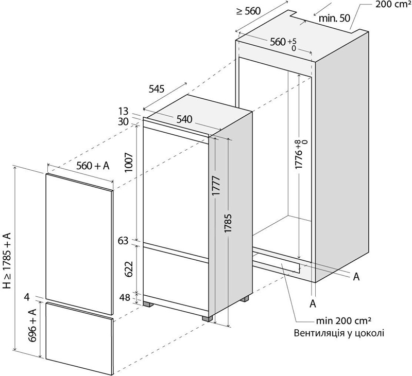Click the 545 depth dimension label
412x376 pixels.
pos(157,89)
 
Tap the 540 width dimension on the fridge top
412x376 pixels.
pos(184,119)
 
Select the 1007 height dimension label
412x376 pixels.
pos(130,163)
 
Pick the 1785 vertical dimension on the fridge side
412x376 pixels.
pos(228,223)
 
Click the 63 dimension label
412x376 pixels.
pos(123,241)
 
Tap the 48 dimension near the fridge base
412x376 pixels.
pos(125,298)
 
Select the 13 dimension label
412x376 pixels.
pos(123,112)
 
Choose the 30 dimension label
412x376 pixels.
pos(123,122)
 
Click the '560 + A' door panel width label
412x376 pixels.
pos(93,166)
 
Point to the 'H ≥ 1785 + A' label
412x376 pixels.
pos(7,261)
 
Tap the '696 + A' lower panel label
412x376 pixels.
pos(32,326)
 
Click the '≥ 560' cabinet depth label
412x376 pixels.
pos(249,11)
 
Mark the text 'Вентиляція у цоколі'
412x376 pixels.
pos(339,333)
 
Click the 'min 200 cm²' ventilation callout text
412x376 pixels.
pos(344,320)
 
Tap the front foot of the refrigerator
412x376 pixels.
pos(207,319)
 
